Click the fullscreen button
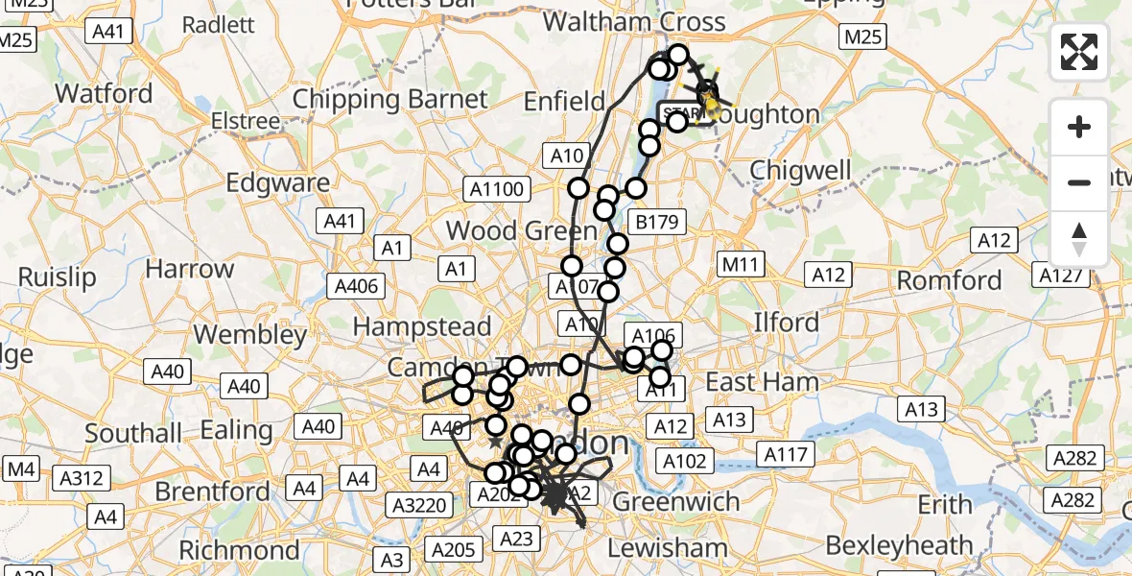pos(1079,52)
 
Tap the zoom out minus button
pos(1079,182)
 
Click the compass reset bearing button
pos(1079,239)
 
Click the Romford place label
pos(949,280)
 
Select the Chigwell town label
pos(800,171)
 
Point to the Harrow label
pos(190,269)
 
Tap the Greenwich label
pos(675,501)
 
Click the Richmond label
pos(240,550)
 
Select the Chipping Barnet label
pos(389,99)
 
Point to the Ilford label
pos(786,322)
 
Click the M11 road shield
pos(740,263)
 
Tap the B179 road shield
pos(657,223)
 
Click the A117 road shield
pos(785,453)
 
